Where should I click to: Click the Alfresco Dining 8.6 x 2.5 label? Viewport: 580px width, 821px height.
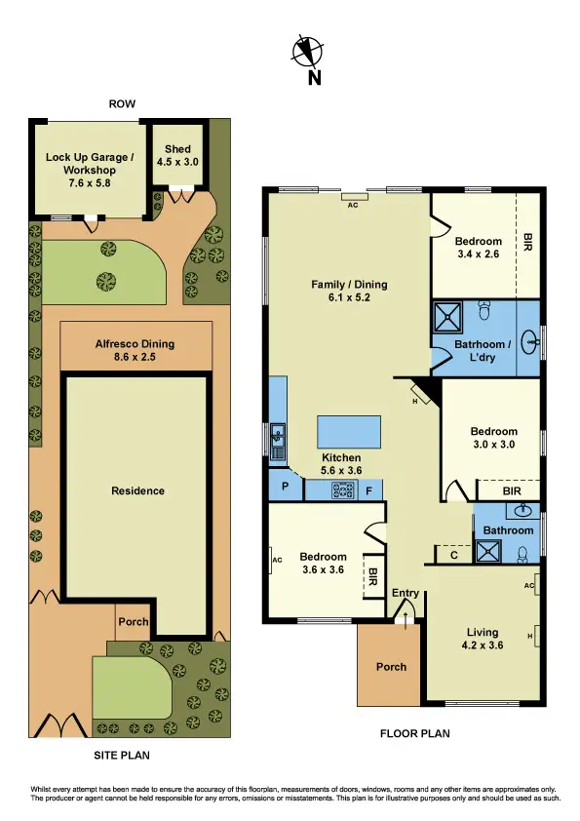[x=135, y=350]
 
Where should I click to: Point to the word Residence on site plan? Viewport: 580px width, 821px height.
[x=137, y=490]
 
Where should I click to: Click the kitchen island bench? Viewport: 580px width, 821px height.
[x=349, y=429]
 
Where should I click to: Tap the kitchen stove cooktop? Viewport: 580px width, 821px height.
[x=342, y=490]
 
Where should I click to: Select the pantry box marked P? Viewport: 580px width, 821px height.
[x=286, y=487]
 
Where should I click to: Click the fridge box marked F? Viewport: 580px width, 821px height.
[x=369, y=490]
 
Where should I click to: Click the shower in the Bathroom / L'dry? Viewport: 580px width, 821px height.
[x=449, y=316]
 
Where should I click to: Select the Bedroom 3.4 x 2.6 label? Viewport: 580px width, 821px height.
[x=478, y=248]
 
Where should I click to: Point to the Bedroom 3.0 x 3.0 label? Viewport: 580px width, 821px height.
[x=493, y=438]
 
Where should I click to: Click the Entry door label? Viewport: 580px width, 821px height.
[x=405, y=593]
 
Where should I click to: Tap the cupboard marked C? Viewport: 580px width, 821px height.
[x=454, y=555]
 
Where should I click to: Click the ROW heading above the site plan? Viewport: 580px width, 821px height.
[x=123, y=104]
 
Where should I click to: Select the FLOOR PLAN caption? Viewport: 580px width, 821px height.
[x=415, y=734]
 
